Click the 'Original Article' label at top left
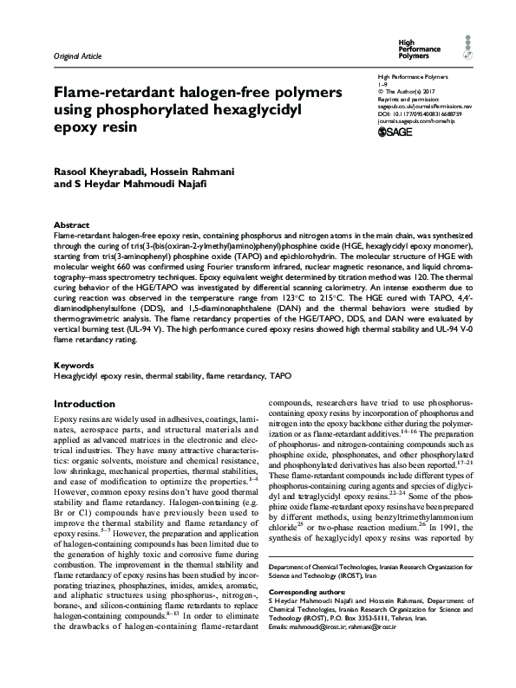tap(77, 56)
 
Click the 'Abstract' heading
tap(71, 224)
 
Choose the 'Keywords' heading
tap(75, 367)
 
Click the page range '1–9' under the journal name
tap(382, 84)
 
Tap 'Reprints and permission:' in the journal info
tap(406, 97)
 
